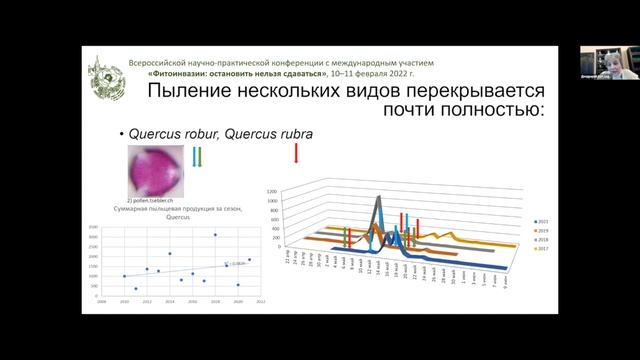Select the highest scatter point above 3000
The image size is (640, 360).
pos(215,235)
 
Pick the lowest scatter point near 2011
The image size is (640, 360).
pos(136,289)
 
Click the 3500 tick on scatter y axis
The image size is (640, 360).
pos(94,227)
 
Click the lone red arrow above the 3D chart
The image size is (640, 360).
pos(296,153)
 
